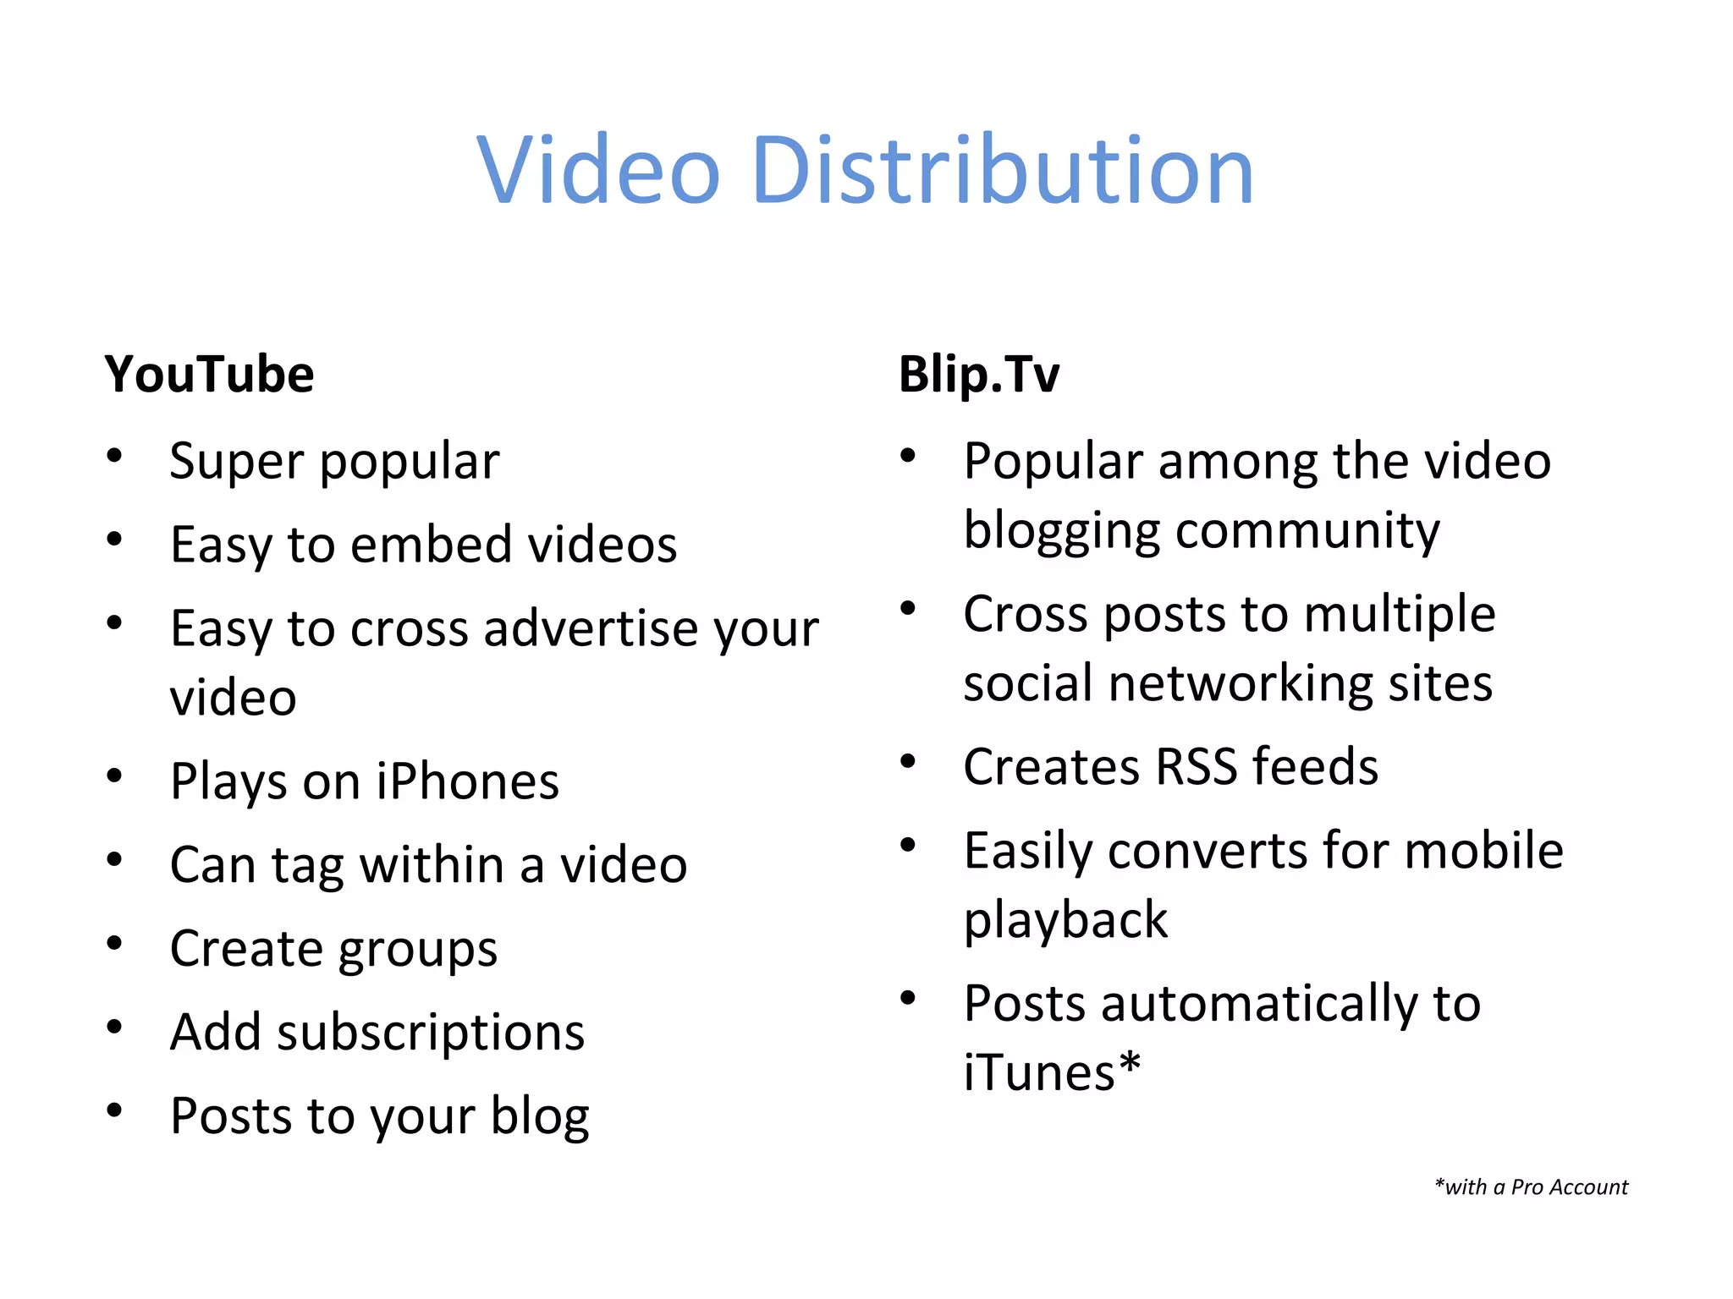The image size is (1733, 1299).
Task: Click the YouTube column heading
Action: [209, 375]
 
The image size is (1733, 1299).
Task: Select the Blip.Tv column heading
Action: [978, 375]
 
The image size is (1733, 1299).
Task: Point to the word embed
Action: [431, 545]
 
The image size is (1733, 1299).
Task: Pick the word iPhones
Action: [467, 781]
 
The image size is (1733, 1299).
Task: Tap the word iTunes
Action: [1040, 1073]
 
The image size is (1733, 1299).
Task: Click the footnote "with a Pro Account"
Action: [1532, 1187]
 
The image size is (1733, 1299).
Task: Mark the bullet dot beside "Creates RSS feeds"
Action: [908, 762]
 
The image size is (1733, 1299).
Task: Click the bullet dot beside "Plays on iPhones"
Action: [114, 776]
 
